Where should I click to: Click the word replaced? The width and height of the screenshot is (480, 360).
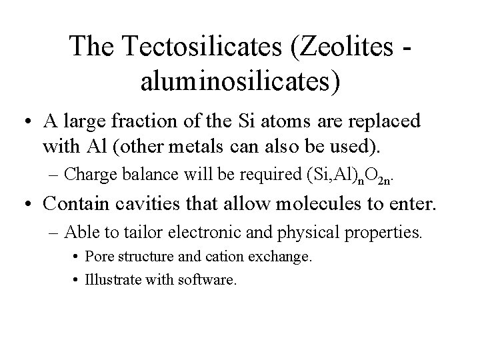coord(383,122)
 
